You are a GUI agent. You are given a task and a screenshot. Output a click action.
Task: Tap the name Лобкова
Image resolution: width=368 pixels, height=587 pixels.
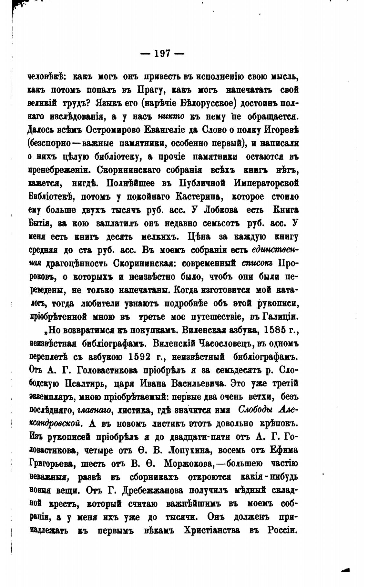point(221,210)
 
